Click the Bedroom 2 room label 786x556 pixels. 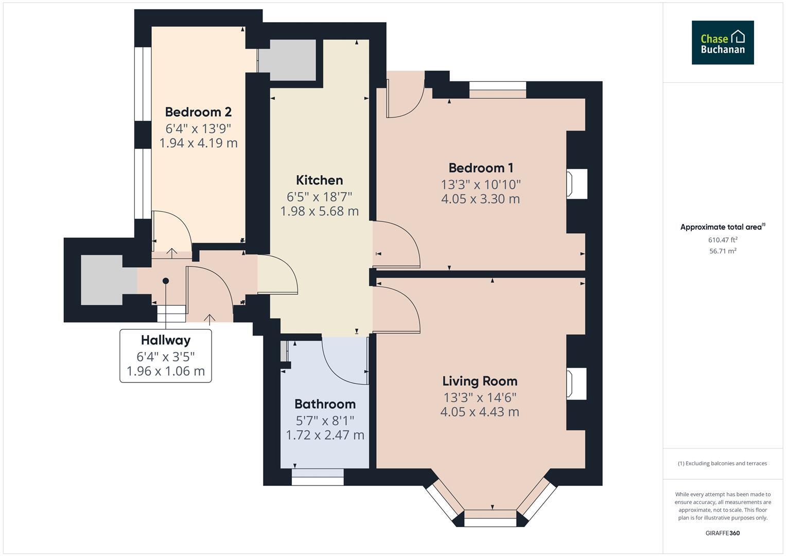coord(198,112)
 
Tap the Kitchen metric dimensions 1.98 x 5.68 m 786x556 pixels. coord(319,211)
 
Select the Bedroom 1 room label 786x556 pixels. coord(480,168)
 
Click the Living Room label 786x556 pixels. coord(480,381)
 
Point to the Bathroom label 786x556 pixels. coord(325,404)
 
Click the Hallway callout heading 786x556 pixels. coord(166,340)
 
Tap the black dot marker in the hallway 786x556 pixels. coord(166,281)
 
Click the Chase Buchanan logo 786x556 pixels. coord(722,43)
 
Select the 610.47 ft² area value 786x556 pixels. coord(723,240)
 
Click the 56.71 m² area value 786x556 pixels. coord(723,251)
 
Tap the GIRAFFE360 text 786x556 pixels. coord(722,533)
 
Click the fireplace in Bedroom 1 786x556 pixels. coord(576,184)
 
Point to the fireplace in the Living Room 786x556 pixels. coord(576,384)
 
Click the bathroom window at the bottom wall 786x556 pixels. coord(318,477)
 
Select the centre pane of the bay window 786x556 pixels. coord(490,518)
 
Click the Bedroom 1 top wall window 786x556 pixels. coord(498,90)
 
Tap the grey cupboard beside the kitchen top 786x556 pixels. coord(287,60)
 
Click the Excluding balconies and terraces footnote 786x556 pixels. coord(722,463)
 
